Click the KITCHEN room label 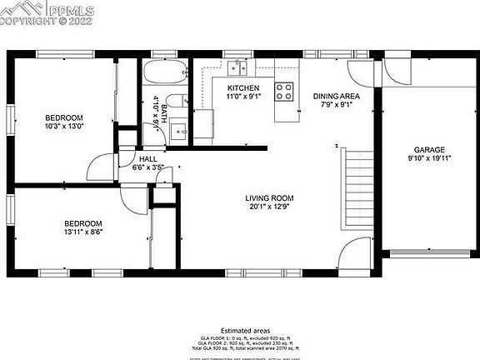click(243, 87)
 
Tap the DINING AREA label click(336, 97)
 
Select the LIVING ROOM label click(269, 198)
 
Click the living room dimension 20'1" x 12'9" click(269, 208)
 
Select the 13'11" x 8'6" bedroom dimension click(83, 233)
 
